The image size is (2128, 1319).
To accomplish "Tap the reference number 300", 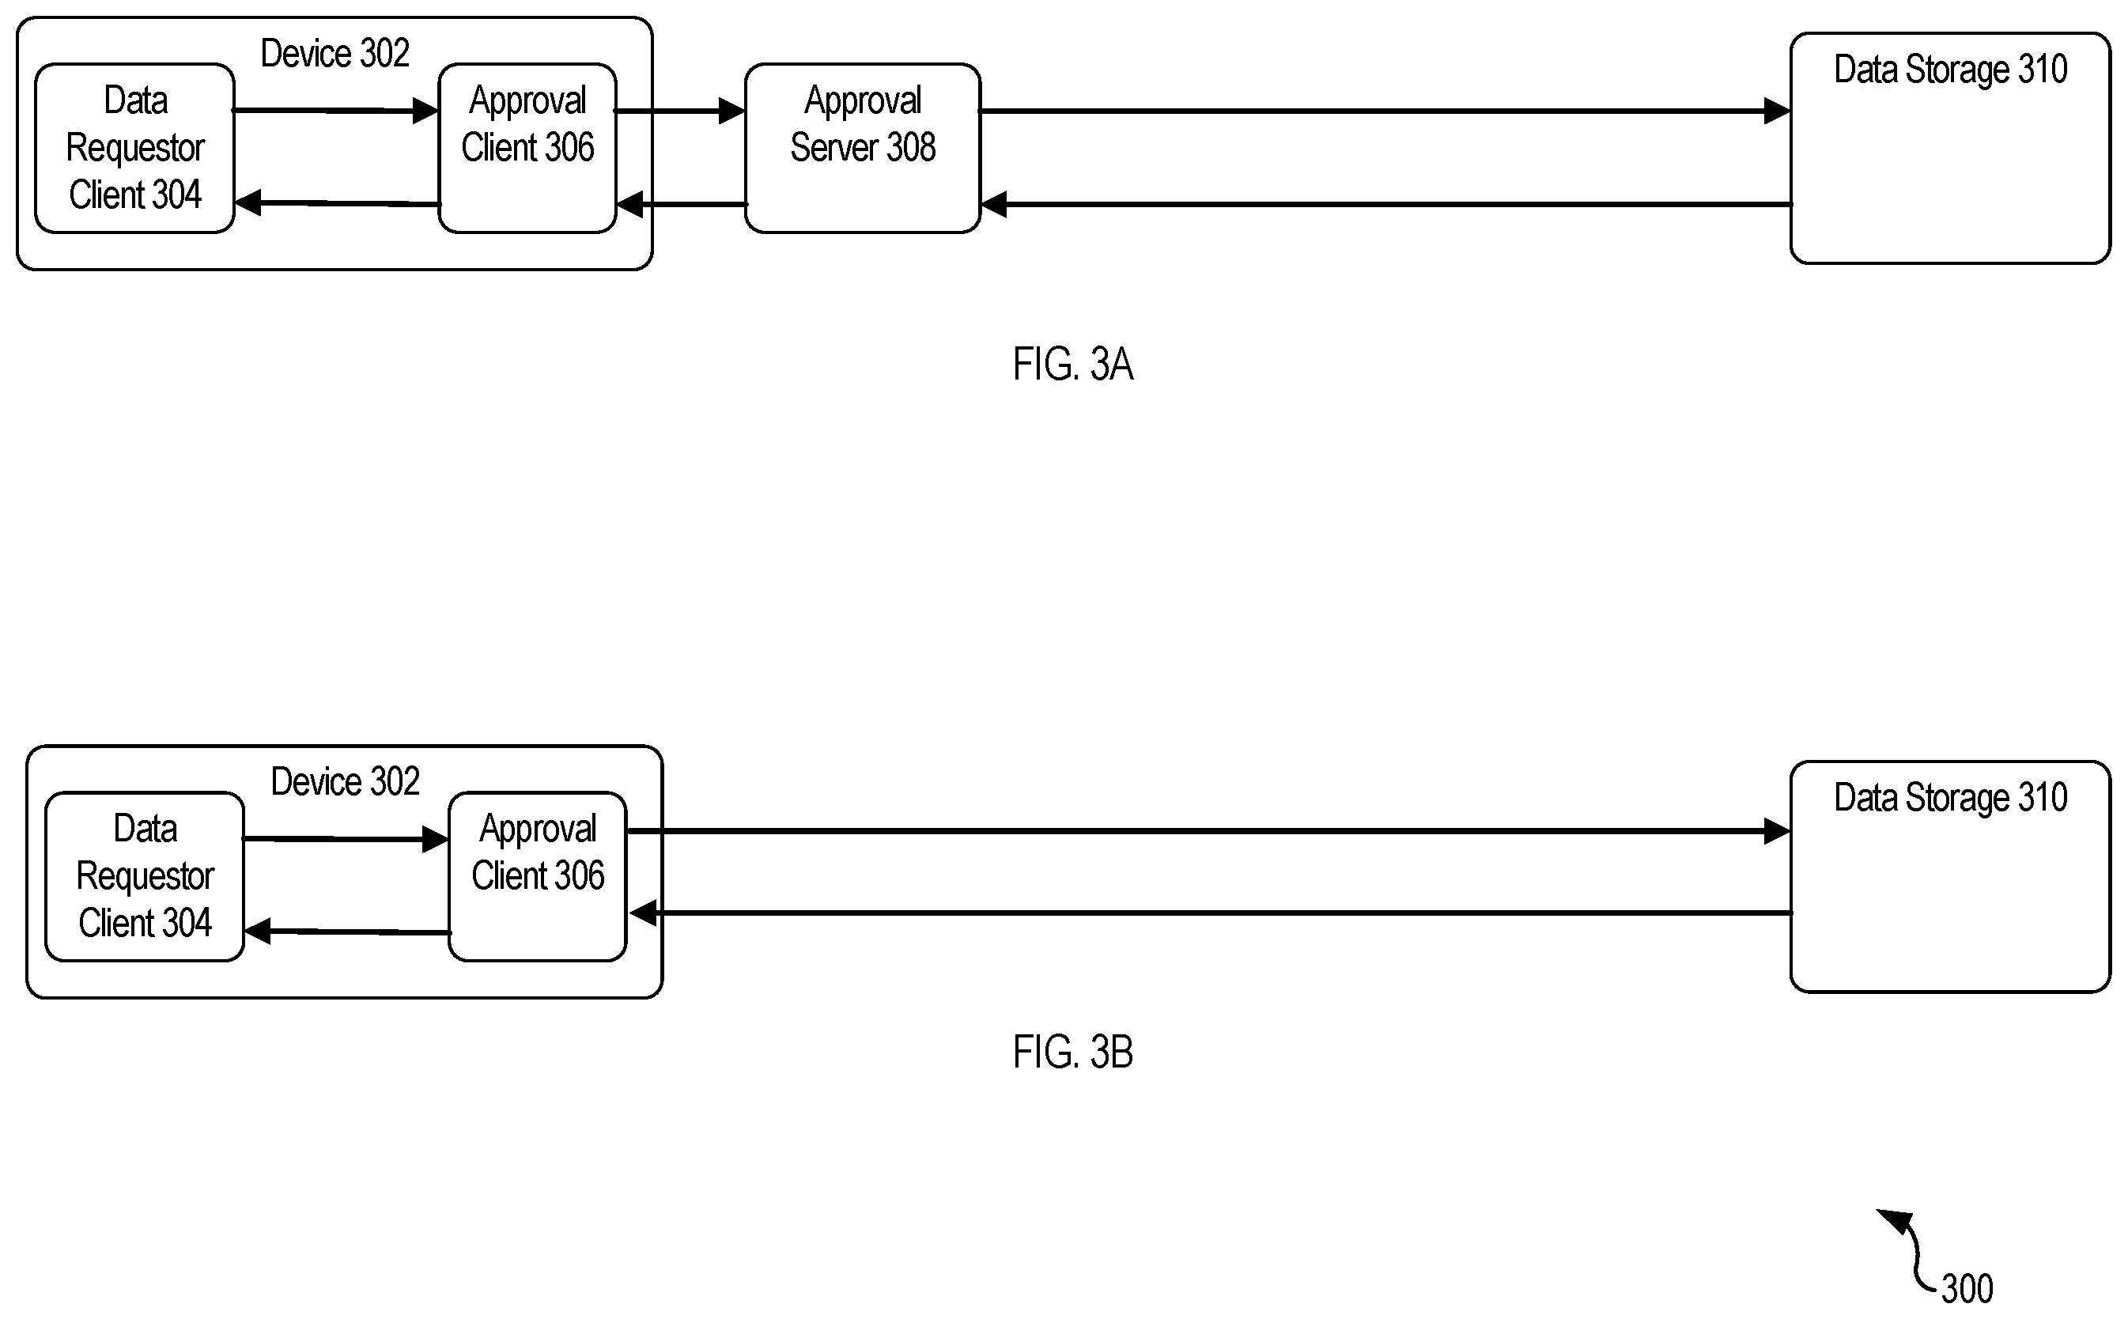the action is [1967, 1288].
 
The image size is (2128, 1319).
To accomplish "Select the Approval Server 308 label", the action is [863, 124].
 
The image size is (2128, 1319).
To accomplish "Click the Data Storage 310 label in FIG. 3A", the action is [1950, 70].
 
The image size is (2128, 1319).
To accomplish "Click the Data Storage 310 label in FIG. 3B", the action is [1950, 798].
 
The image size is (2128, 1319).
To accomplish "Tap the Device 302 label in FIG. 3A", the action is [335, 54].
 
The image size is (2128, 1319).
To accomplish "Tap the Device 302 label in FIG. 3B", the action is [346, 781].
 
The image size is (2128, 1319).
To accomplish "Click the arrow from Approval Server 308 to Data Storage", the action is [1385, 111].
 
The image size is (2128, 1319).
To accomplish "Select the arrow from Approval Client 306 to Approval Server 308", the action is [680, 111].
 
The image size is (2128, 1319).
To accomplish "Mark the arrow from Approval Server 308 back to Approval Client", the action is [681, 204].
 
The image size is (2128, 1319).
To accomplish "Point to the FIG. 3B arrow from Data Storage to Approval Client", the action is [1211, 913].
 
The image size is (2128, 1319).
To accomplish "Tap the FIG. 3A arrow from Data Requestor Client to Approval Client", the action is [336, 111].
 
